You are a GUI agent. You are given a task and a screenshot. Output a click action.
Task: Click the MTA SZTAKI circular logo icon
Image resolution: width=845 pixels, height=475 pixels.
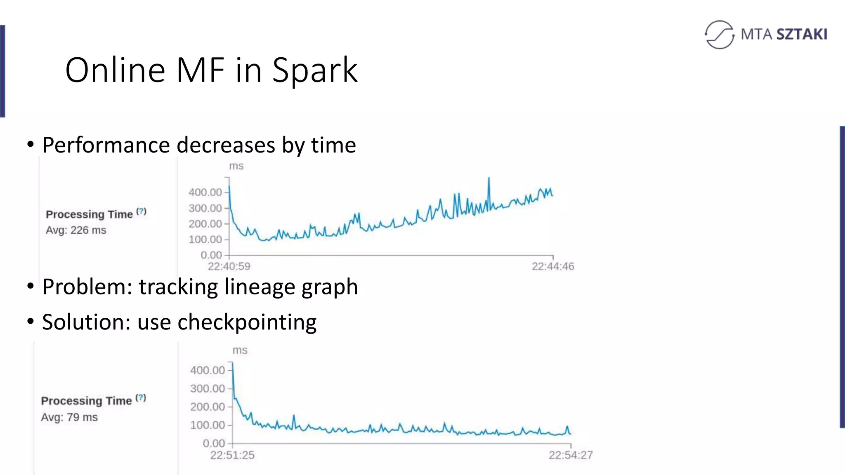[720, 35]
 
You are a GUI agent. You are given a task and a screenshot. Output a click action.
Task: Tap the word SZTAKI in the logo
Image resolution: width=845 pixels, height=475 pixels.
[802, 34]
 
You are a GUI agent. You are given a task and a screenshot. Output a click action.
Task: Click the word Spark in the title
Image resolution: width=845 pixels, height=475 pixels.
[314, 71]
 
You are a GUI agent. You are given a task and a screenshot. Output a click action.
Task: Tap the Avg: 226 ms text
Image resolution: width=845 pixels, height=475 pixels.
[76, 230]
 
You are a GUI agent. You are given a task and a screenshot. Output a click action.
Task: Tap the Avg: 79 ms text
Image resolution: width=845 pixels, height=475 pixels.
[69, 417]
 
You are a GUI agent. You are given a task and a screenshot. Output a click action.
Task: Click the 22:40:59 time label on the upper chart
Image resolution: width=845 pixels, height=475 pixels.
[229, 266]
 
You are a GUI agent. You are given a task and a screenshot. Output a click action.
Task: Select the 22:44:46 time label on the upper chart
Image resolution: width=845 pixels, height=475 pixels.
[553, 266]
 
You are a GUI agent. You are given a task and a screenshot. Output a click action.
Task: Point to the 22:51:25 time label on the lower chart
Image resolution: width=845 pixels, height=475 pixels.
[232, 455]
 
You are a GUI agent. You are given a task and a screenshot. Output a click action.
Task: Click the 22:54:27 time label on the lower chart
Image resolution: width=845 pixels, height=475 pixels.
[571, 455]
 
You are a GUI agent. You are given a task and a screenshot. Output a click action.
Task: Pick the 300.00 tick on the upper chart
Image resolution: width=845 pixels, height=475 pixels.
[205, 208]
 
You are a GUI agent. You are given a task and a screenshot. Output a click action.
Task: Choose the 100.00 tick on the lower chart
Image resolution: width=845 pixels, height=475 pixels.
[208, 425]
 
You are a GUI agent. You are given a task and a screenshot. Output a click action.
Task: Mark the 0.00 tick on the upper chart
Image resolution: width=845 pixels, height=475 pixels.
[211, 255]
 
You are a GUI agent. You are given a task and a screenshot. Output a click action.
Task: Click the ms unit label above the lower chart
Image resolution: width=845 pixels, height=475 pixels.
[240, 350]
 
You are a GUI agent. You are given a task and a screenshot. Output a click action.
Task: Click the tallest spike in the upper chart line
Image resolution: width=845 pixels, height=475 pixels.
[489, 179]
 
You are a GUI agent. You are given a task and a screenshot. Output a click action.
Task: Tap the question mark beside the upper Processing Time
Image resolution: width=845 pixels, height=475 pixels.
[142, 212]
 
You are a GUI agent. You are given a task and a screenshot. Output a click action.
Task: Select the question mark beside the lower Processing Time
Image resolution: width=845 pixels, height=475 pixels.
[141, 398]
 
